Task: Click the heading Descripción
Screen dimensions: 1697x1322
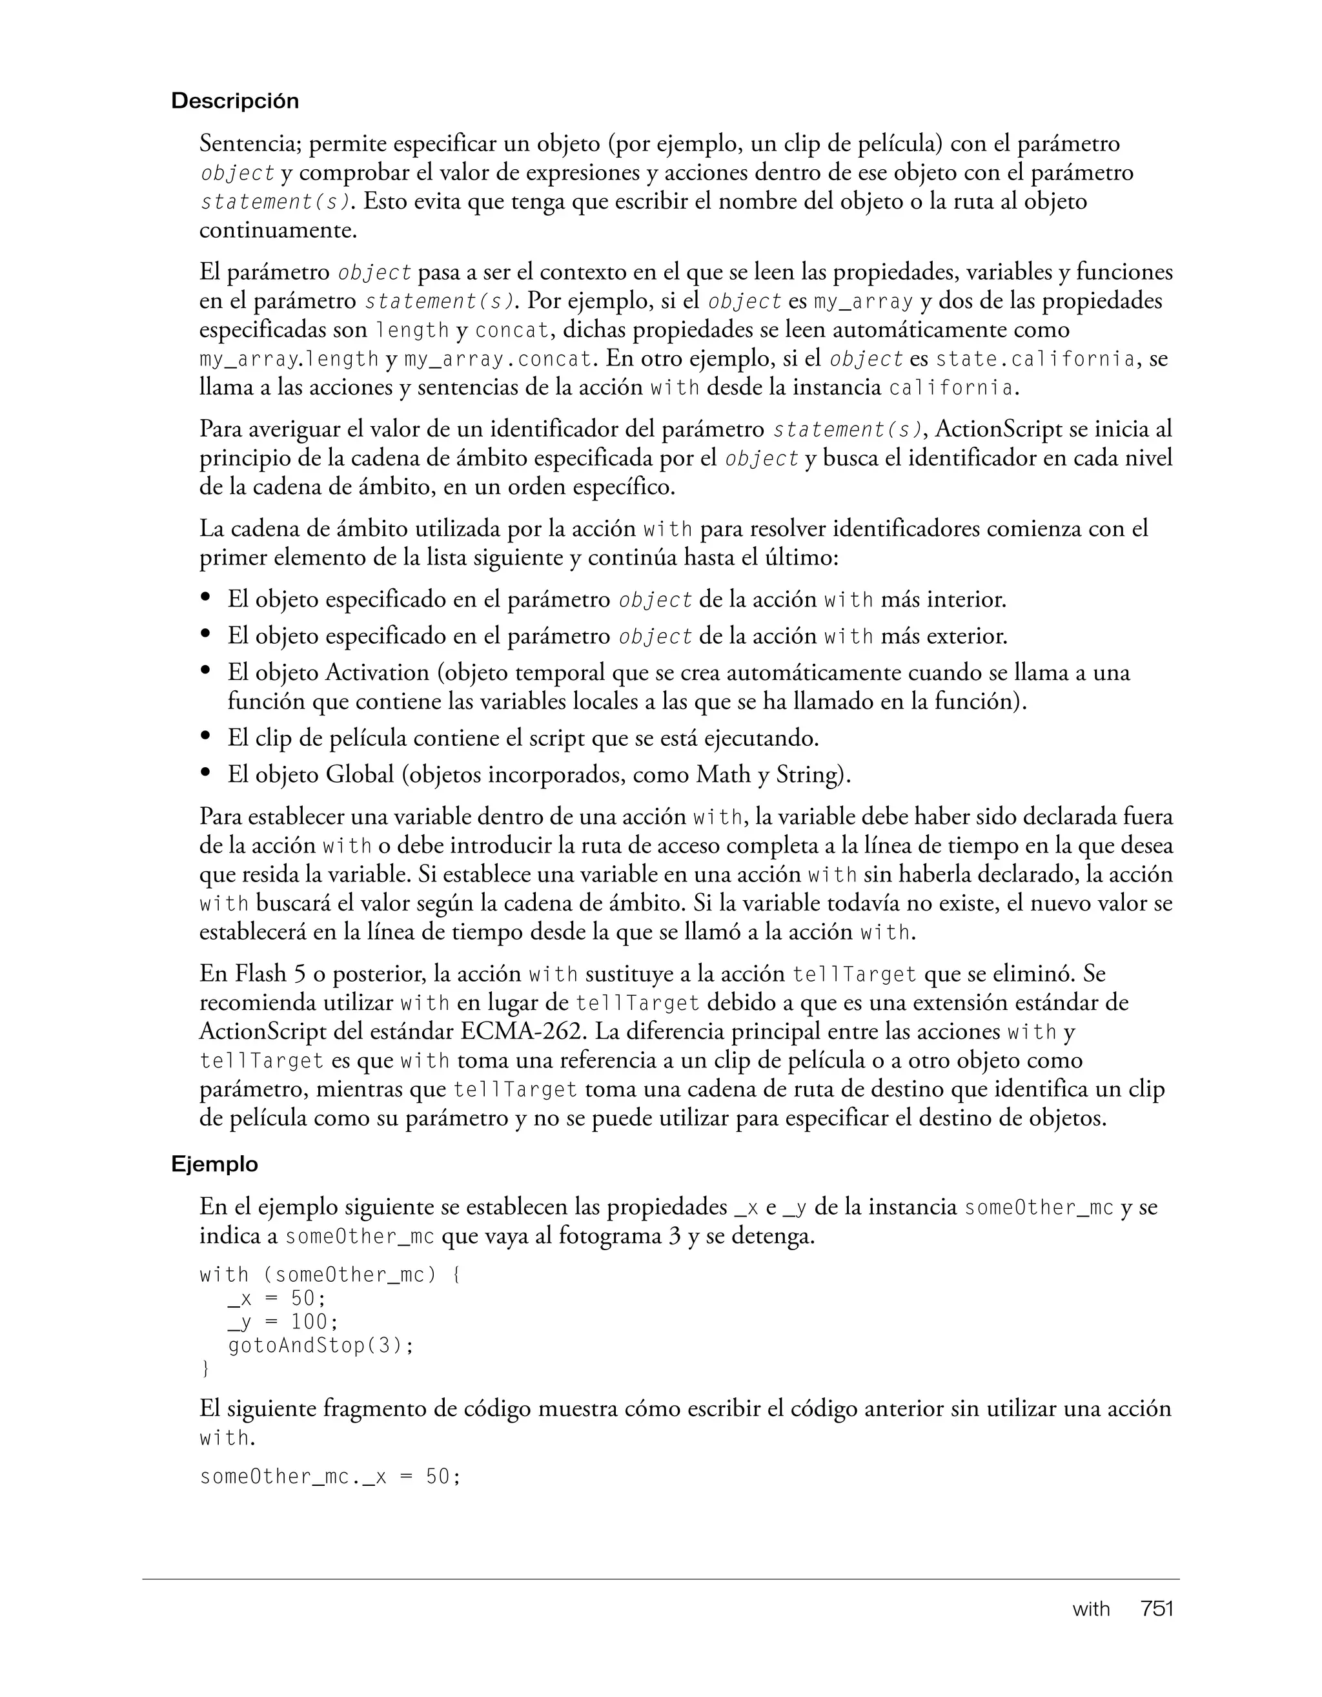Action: point(234,101)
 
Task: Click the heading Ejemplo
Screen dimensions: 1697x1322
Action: point(214,1164)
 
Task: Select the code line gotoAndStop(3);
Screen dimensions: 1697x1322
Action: point(321,1345)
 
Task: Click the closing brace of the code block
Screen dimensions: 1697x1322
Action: point(205,1368)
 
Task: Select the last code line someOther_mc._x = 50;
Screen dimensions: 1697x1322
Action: point(330,1476)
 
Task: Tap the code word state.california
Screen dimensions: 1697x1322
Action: point(1035,359)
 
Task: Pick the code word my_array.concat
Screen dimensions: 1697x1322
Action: point(497,359)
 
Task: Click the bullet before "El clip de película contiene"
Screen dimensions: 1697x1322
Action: point(206,737)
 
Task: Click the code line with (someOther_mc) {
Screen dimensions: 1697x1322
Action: point(330,1275)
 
